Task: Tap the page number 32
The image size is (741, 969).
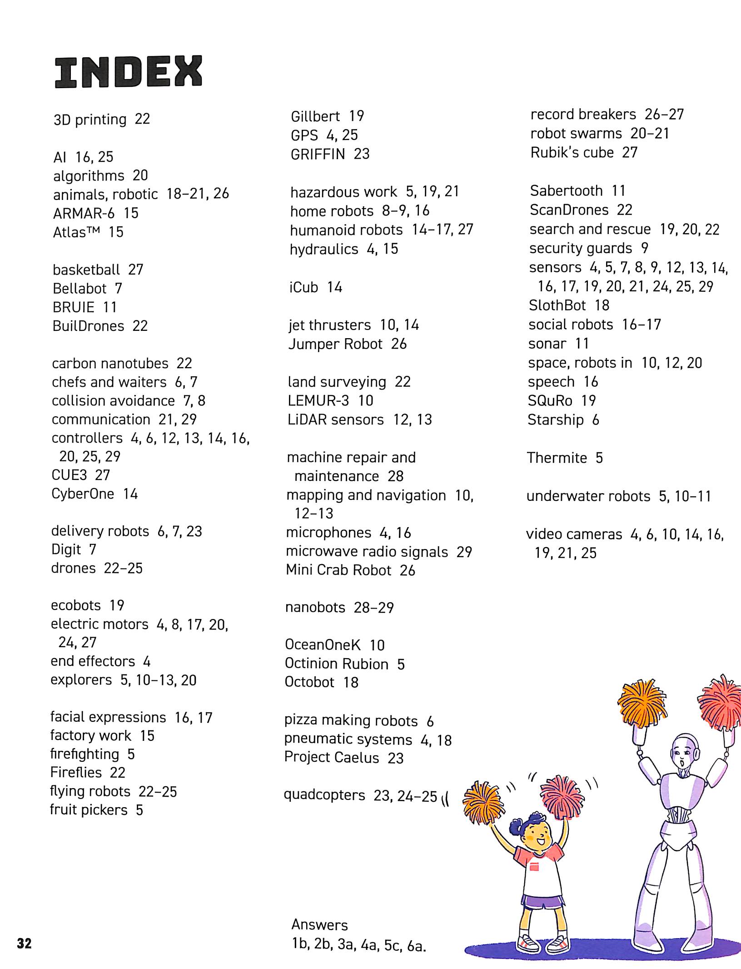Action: coord(24,944)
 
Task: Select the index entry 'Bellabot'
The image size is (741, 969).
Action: coord(80,289)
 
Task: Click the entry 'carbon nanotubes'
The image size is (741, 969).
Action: coord(110,364)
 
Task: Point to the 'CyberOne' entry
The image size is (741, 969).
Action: coord(83,494)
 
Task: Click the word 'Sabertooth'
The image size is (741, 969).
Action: coord(566,191)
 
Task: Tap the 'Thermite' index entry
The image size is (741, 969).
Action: coord(557,458)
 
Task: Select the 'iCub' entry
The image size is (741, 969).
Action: coord(304,287)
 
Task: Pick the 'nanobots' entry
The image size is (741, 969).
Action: coord(315,608)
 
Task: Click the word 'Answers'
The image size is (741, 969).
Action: coord(319,924)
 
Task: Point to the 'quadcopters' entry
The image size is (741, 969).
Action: coord(324,795)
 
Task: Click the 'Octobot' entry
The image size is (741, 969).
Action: coord(309,682)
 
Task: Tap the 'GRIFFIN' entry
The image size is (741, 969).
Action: coord(318,154)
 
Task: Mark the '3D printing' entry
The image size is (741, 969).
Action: coord(90,120)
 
